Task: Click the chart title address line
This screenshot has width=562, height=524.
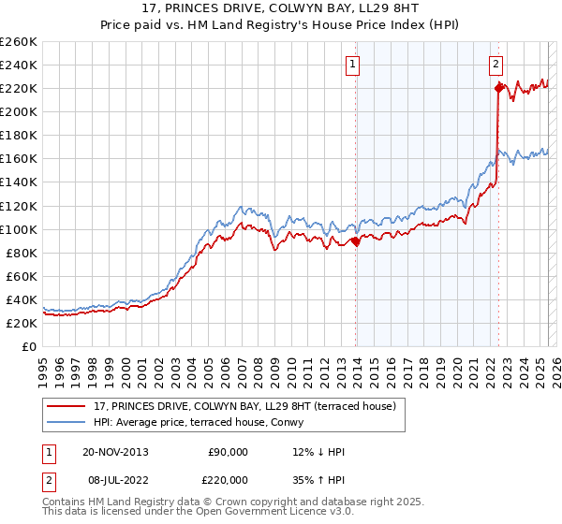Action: (280, 8)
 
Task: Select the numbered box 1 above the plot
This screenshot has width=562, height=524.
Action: (353, 65)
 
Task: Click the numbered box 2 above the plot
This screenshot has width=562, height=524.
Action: (495, 65)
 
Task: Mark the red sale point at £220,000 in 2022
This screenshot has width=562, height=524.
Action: (497, 88)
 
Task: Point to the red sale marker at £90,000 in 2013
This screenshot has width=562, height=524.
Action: (356, 241)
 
